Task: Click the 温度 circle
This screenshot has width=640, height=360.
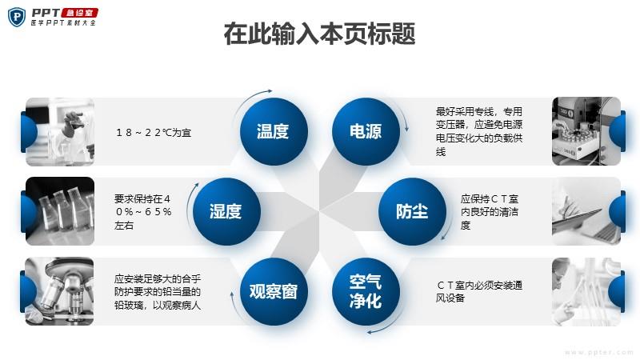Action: pyautogui.click(x=274, y=131)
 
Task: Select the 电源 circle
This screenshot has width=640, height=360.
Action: pyautogui.click(x=366, y=131)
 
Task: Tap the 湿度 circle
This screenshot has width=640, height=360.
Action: pyautogui.click(x=226, y=211)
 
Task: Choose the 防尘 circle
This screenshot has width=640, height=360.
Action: pyautogui.click(x=412, y=211)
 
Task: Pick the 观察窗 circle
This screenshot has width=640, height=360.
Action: pyautogui.click(x=274, y=291)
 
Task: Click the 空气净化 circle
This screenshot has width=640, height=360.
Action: pyautogui.click(x=366, y=291)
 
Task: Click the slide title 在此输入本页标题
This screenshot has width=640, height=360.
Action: pyautogui.click(x=319, y=34)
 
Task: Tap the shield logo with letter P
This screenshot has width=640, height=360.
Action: pyautogui.click(x=16, y=17)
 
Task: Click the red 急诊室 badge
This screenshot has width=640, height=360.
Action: pyautogui.click(x=79, y=13)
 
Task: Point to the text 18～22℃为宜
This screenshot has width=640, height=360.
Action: pyautogui.click(x=154, y=133)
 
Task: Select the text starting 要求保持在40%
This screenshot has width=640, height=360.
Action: pyautogui.click(x=143, y=212)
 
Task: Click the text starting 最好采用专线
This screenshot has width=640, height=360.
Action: pyautogui.click(x=478, y=131)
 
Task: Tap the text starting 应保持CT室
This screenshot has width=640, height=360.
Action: pyautogui.click(x=490, y=212)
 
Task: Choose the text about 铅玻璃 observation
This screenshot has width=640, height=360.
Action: pyautogui.click(x=158, y=292)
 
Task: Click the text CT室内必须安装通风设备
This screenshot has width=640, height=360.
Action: pyautogui.click(x=478, y=291)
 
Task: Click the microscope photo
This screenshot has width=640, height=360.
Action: pyautogui.click(x=59, y=291)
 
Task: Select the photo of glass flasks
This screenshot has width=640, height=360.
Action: pyautogui.click(x=59, y=211)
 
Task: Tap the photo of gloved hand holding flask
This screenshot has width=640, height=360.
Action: pyautogui.click(x=59, y=131)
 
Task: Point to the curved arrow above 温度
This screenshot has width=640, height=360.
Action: pyautogui.click(x=250, y=98)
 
